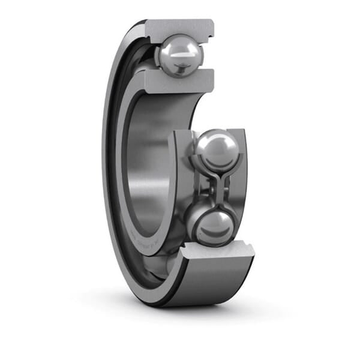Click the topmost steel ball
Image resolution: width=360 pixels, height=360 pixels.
(x=179, y=56)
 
